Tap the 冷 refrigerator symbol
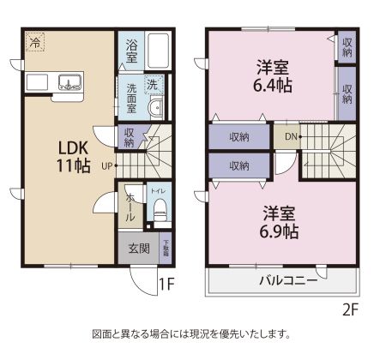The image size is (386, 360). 35,40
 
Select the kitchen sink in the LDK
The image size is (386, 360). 69,82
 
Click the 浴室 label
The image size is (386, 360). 132,51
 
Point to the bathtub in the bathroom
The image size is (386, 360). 159,51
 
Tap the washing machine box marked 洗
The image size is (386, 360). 152,84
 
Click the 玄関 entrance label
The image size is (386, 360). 139,249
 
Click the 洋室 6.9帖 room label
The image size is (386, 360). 280,220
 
